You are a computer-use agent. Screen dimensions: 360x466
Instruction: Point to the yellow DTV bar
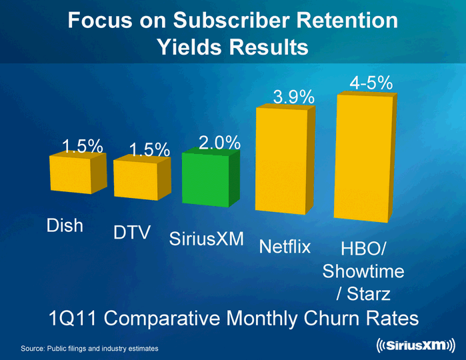[x=135, y=180]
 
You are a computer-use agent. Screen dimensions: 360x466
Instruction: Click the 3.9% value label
[x=294, y=97]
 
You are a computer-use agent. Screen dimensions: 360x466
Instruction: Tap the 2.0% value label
[x=219, y=142]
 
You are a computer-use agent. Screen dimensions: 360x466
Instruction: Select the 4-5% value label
[x=371, y=83]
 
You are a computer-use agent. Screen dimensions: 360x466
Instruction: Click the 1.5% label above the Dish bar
[x=82, y=146]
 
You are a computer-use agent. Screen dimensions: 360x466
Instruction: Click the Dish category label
[x=65, y=225]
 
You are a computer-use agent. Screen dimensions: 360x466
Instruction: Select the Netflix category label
[x=285, y=247]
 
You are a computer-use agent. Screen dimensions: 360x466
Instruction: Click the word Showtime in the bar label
[x=363, y=272]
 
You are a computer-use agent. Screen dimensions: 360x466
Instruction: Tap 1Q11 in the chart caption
[x=75, y=319]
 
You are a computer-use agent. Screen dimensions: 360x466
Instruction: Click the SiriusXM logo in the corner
[x=413, y=346]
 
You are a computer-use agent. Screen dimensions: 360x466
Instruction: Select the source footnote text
[x=90, y=349]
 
